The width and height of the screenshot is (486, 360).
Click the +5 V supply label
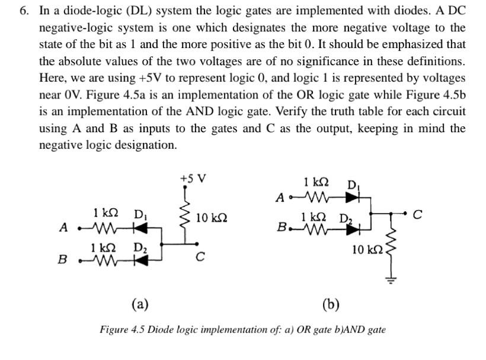click(194, 179)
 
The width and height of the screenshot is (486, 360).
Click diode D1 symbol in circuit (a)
click(140, 227)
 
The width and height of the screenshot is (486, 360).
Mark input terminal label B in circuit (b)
click(283, 227)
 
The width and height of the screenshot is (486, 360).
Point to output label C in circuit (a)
click(200, 257)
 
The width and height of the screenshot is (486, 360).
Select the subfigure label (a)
click(139, 305)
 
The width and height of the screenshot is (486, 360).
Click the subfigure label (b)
click(330, 305)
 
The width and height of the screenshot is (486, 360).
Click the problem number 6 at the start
click(24, 11)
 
